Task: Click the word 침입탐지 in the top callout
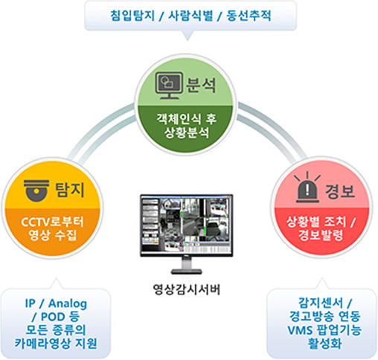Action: pyautogui.click(x=132, y=16)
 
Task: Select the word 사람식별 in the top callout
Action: pyautogui.click(x=190, y=16)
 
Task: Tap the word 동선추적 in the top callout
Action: pyautogui.click(x=249, y=16)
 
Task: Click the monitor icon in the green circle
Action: pyautogui.click(x=169, y=86)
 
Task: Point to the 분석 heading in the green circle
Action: pyautogui.click(x=201, y=85)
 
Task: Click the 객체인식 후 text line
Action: pyautogui.click(x=187, y=119)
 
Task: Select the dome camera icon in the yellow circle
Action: pyautogui.click(x=36, y=190)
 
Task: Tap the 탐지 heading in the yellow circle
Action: pyautogui.click(x=70, y=190)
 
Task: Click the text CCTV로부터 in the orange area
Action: pyautogui.click(x=52, y=222)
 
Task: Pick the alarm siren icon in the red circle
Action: pyautogui.click(x=307, y=187)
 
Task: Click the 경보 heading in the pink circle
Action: pyautogui.click(x=340, y=191)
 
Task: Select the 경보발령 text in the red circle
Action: pyautogui.click(x=321, y=235)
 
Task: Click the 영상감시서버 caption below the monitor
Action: pyautogui.click(x=187, y=289)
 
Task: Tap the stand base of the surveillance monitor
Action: pyautogui.click(x=187, y=271)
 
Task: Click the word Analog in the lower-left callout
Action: pyautogui.click(x=68, y=303)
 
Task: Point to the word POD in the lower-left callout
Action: pyautogui.click(x=53, y=317)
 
